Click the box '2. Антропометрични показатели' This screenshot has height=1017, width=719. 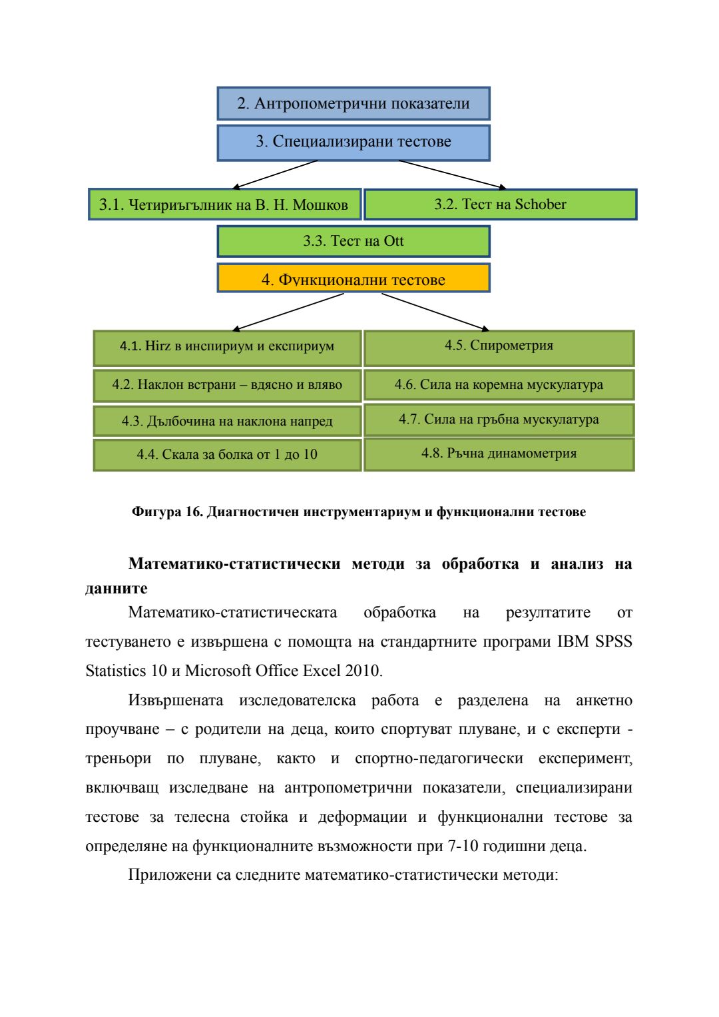pyautogui.click(x=354, y=103)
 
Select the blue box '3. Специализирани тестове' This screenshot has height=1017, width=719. pyautogui.click(x=354, y=142)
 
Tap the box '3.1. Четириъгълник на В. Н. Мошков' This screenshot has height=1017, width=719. pyautogui.click(x=224, y=204)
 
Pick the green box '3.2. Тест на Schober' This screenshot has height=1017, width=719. pyautogui.click(x=500, y=204)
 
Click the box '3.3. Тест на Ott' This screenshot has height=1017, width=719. pyautogui.click(x=354, y=241)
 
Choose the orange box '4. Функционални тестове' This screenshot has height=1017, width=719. pyautogui.click(x=354, y=278)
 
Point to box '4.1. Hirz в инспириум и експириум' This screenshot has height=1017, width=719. pyautogui.click(x=227, y=346)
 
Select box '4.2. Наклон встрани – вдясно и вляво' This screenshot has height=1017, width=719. pyautogui.click(x=227, y=385)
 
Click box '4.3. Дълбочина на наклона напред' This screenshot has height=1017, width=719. pyautogui.click(x=227, y=421)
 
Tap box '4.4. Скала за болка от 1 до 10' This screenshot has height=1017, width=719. pyautogui.click(x=227, y=454)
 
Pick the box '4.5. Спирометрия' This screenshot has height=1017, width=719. pyautogui.click(x=499, y=346)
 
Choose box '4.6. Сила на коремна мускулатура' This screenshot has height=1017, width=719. pyautogui.click(x=499, y=385)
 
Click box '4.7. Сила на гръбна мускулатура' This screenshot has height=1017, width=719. pyautogui.click(x=499, y=420)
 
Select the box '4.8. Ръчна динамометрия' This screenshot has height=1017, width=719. pyautogui.click(x=499, y=454)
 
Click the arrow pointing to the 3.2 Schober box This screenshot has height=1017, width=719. pyautogui.click(x=453, y=174)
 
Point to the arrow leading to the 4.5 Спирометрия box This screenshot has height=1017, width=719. pyautogui.click(x=436, y=312)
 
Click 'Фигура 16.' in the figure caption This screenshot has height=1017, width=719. pyautogui.click(x=167, y=512)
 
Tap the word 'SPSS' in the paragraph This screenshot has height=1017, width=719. pyautogui.click(x=613, y=642)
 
